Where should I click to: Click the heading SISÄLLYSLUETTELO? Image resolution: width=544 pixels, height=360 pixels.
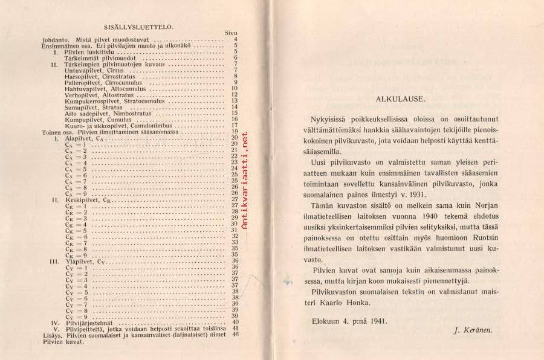click(x=139, y=27)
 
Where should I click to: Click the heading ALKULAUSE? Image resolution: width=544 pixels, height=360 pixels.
click(x=400, y=97)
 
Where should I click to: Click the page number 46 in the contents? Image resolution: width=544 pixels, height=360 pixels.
click(x=235, y=335)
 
